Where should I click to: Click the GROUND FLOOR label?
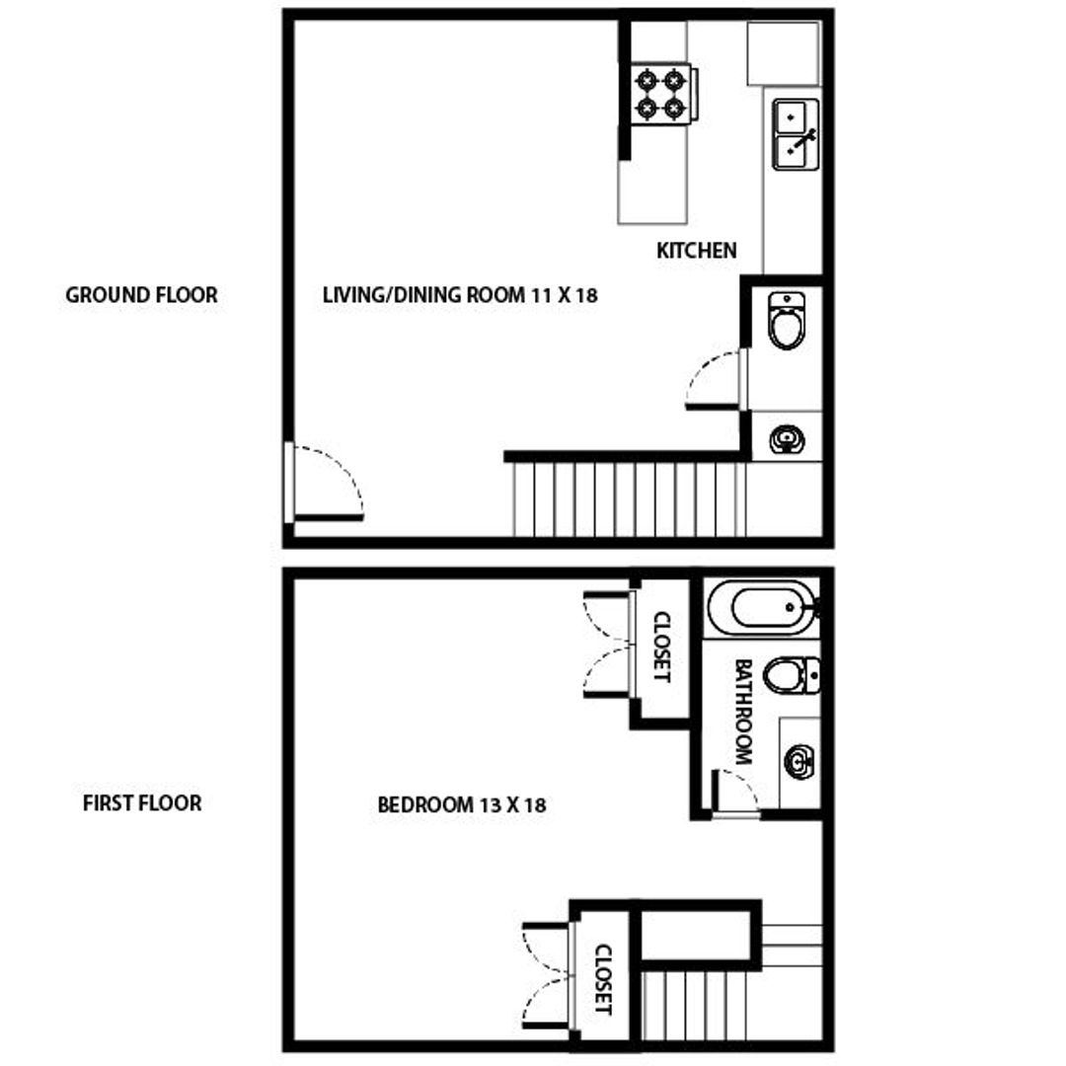point(141,294)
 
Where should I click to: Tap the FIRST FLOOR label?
point(142,802)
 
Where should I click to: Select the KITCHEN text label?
point(697,251)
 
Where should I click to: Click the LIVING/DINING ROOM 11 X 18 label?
point(460,294)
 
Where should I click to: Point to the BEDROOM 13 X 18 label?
point(462,804)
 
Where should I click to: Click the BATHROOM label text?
point(743,712)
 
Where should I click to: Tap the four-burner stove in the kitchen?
point(660,93)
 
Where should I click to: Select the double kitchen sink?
point(795,134)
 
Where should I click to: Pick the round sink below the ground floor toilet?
point(787,439)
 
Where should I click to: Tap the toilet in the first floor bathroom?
point(792,675)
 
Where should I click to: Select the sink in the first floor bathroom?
point(799,761)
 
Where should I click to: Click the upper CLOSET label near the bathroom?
point(661,647)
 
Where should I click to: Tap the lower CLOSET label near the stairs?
point(604,980)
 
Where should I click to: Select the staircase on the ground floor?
point(628,498)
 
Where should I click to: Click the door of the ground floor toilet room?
point(715,380)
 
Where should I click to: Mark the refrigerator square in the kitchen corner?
point(784,53)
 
